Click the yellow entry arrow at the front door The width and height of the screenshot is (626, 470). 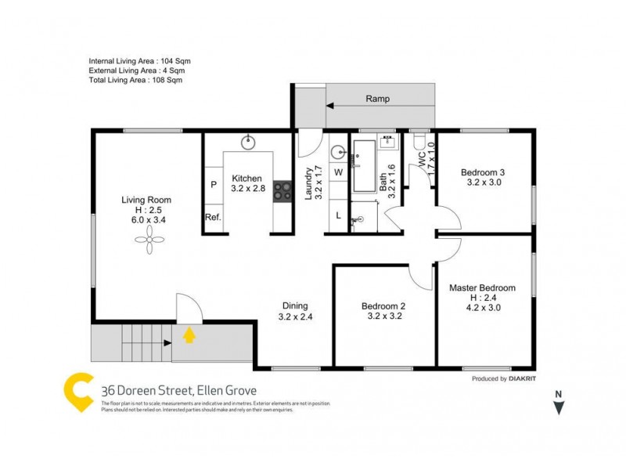click(x=189, y=335)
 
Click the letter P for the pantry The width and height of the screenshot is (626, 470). click(x=213, y=185)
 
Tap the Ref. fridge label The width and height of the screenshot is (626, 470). click(x=213, y=218)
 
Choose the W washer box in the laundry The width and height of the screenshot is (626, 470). click(x=339, y=171)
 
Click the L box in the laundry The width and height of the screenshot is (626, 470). click(x=338, y=215)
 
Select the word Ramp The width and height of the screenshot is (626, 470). click(x=377, y=99)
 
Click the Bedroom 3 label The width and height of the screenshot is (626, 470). click(x=483, y=172)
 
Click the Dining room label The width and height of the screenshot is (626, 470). click(x=295, y=306)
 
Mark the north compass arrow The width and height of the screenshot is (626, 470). click(x=558, y=407)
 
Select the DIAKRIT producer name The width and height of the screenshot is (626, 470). click(x=520, y=378)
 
